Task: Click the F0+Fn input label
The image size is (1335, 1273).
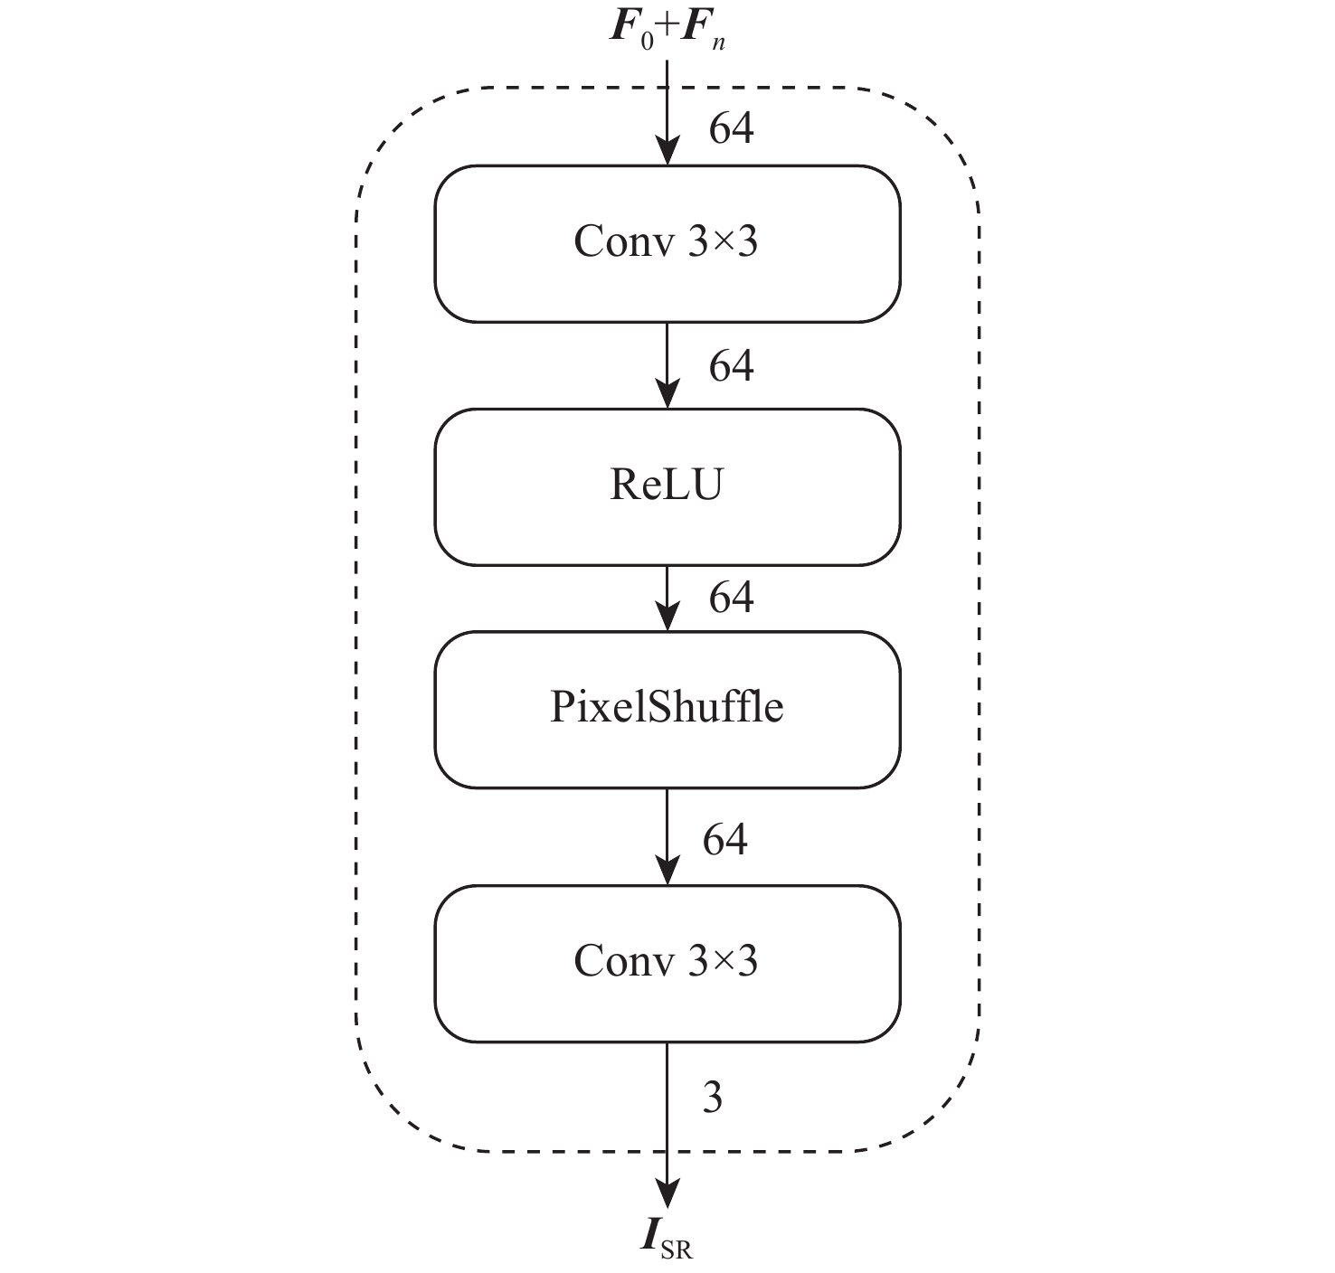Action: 667,29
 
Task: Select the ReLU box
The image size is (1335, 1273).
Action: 667,487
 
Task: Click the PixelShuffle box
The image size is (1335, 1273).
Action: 667,710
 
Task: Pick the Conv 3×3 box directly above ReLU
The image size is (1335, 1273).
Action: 667,243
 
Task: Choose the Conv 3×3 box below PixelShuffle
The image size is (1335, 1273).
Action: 667,963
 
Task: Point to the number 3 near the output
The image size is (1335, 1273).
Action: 713,1098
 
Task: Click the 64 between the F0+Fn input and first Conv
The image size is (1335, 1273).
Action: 731,128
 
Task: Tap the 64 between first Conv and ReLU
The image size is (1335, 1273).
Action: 731,366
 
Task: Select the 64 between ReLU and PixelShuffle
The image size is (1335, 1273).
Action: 731,598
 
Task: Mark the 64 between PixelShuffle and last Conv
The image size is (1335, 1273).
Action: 725,840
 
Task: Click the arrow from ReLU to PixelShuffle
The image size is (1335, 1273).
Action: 667,598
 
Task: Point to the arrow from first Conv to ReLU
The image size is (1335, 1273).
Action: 667,365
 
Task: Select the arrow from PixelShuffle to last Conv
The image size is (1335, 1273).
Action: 667,836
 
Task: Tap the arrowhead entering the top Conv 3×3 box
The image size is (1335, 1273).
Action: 667,152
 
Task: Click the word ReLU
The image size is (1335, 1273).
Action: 667,486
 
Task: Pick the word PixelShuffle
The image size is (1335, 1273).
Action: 667,707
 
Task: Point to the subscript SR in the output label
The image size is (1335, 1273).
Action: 677,1250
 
